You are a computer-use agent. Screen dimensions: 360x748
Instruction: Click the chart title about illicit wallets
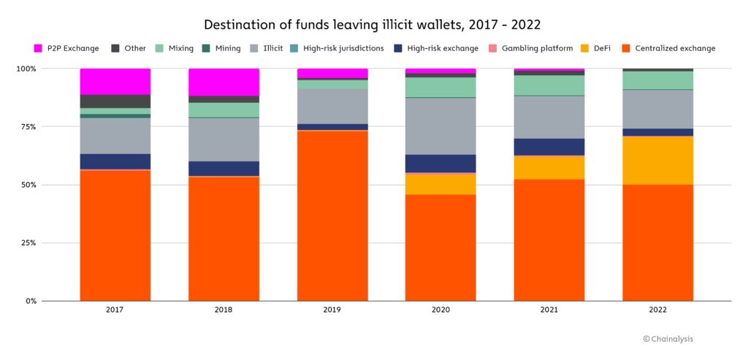click(x=373, y=25)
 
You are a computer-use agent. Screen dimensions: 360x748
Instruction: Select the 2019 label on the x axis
click(x=332, y=310)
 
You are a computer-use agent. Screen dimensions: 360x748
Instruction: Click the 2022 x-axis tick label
click(x=657, y=310)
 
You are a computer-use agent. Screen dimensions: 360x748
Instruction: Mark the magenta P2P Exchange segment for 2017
click(x=115, y=81)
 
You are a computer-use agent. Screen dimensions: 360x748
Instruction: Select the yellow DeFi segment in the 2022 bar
click(x=657, y=160)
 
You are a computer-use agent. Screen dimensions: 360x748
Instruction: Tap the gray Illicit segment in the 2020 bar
click(x=440, y=126)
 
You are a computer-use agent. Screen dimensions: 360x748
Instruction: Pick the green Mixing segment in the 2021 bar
click(x=549, y=85)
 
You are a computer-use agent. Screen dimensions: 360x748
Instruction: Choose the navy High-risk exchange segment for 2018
click(x=224, y=168)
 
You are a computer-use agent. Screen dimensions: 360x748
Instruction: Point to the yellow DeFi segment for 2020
click(x=440, y=184)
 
